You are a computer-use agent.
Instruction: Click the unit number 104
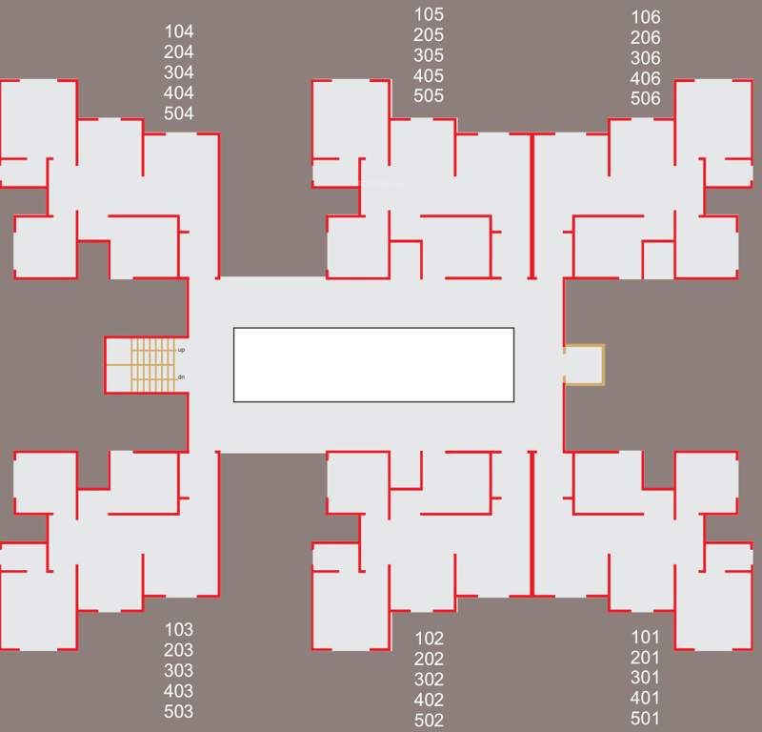point(178,31)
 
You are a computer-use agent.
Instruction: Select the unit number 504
point(178,113)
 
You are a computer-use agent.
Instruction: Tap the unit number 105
point(429,14)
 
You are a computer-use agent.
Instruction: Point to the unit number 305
point(429,55)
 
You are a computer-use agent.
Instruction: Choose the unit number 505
point(429,95)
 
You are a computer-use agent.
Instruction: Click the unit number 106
point(645,17)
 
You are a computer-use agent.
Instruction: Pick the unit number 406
point(645,78)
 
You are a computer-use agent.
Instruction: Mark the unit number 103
point(178,629)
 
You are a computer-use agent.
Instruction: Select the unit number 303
point(178,670)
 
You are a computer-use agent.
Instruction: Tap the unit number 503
point(178,711)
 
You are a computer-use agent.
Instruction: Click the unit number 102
point(429,639)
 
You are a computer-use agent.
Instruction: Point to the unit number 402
point(429,701)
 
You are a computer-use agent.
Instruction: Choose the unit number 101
point(645,637)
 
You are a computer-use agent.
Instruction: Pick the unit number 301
point(645,678)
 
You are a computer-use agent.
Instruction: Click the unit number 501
point(645,719)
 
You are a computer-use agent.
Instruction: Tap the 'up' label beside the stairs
point(181,350)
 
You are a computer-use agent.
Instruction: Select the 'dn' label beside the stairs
point(181,377)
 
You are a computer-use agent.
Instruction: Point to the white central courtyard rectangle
point(373,364)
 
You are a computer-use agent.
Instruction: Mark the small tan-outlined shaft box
point(584,364)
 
